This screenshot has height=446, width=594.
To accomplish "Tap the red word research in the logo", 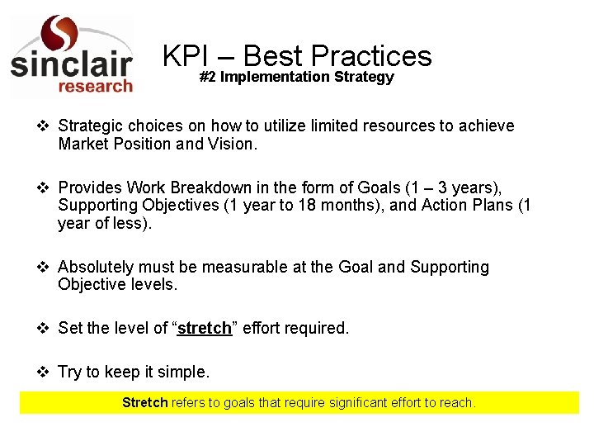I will tap(94, 86).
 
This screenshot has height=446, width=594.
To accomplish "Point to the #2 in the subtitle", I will tap(208, 77).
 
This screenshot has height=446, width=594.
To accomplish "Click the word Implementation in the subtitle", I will tap(276, 77).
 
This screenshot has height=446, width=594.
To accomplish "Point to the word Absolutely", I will tap(96, 267).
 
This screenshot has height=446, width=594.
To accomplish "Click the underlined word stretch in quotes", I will tap(205, 328).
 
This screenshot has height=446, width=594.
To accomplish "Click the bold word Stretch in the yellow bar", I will tap(145, 403).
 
